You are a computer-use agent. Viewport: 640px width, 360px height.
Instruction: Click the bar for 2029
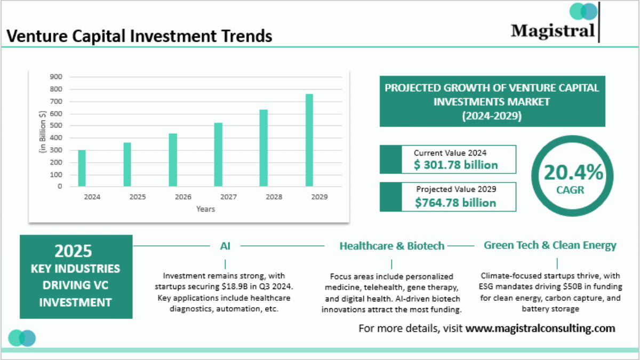(x=309, y=140)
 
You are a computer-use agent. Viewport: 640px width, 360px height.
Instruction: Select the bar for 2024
(x=82, y=168)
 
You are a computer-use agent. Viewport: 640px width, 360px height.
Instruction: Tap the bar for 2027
(x=218, y=155)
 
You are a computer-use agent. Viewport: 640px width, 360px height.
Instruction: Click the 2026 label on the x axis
(x=183, y=197)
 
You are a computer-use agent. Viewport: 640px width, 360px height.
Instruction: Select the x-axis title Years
(x=205, y=209)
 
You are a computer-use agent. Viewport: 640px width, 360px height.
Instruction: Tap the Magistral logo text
(x=553, y=30)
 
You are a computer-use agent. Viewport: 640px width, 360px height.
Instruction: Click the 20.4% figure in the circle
(x=573, y=172)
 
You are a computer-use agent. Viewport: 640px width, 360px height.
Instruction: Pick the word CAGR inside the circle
(x=573, y=190)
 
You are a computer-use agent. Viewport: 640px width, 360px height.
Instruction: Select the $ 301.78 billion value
(x=455, y=165)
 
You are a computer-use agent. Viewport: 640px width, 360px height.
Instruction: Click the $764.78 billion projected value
(x=455, y=202)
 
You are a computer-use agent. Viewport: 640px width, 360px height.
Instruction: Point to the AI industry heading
(x=225, y=246)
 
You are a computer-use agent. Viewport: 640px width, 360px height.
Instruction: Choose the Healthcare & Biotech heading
(x=391, y=246)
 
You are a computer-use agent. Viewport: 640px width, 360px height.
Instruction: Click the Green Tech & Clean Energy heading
(x=550, y=245)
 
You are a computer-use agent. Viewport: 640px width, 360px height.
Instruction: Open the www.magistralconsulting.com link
(x=540, y=328)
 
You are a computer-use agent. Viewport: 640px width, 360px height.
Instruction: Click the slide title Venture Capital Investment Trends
(x=139, y=36)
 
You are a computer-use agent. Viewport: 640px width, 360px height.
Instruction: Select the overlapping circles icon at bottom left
(x=22, y=338)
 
